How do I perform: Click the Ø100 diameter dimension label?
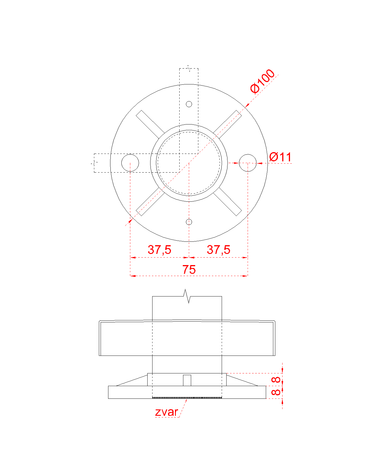coord(262,81)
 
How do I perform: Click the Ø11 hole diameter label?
coord(280,157)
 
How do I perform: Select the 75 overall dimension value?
coord(189,269)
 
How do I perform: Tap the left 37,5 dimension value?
coord(159,250)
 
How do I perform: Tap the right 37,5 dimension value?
coord(218,250)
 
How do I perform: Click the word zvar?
coord(166,412)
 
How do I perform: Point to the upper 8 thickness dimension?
coord(276,380)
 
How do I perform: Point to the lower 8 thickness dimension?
coord(276,392)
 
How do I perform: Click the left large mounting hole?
coord(130,163)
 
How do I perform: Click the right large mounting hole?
coord(248,163)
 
